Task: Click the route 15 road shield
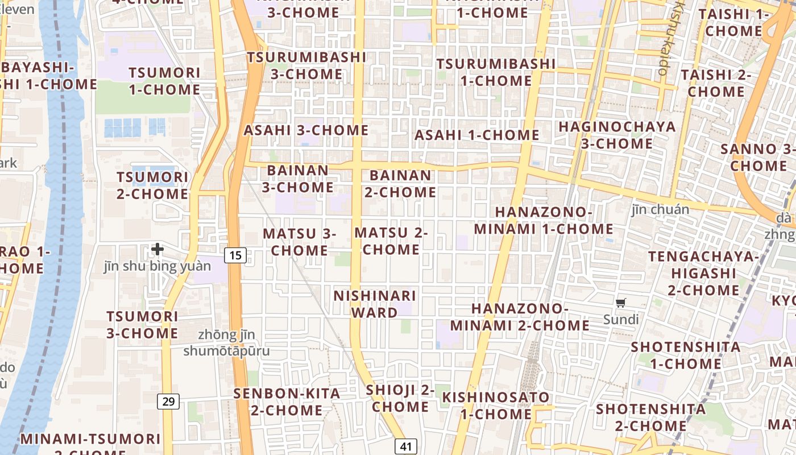tap(235, 255)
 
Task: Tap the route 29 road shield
tap(168, 402)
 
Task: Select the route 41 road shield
tap(406, 446)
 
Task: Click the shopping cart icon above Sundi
tap(621, 303)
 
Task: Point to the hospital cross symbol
tap(157, 249)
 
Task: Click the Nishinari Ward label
tap(375, 304)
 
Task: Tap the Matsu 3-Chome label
tap(300, 242)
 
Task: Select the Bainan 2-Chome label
tap(400, 184)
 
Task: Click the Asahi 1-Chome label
tap(476, 135)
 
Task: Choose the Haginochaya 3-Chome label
tap(617, 135)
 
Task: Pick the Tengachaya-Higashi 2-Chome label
tap(703, 273)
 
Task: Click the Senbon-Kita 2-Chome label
tap(287, 402)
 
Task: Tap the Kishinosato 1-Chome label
tap(496, 405)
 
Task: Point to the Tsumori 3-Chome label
tap(142, 325)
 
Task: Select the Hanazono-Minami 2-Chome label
tap(520, 317)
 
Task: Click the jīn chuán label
tap(660, 209)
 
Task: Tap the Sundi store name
tap(621, 319)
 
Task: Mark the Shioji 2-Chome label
tap(400, 398)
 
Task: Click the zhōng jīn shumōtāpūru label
tap(226, 343)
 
